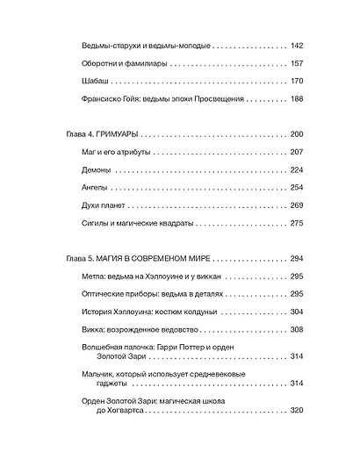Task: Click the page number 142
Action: tap(296, 45)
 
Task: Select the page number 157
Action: tap(296, 63)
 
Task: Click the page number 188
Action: tap(296, 100)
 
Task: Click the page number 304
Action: tap(296, 312)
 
